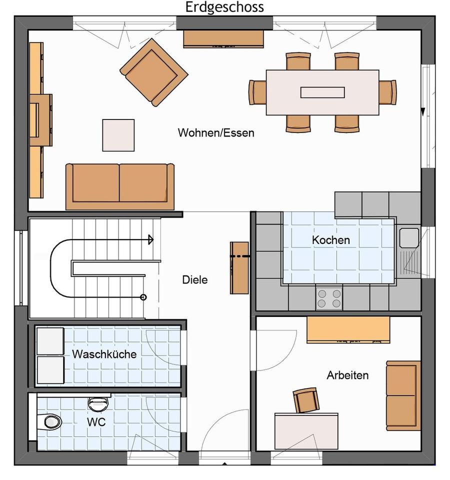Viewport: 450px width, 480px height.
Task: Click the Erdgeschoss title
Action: pyautogui.click(x=224, y=7)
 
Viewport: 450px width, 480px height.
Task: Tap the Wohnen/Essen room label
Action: pyautogui.click(x=216, y=132)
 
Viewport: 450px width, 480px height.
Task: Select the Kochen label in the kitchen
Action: pyautogui.click(x=331, y=240)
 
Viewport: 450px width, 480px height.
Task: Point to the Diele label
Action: pyautogui.click(x=194, y=279)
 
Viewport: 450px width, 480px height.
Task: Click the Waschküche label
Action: pyautogui.click(x=104, y=354)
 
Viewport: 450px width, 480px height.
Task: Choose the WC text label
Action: pyautogui.click(x=96, y=422)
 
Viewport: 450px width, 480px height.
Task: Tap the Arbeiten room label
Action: pyautogui.click(x=347, y=375)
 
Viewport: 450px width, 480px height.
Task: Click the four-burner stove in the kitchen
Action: pyautogui.click(x=329, y=298)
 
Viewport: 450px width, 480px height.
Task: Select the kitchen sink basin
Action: pyautogui.click(x=409, y=237)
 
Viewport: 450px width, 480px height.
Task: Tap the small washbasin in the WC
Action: pyautogui.click(x=98, y=404)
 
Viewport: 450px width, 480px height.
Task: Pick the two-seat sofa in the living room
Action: pyautogui.click(x=119, y=186)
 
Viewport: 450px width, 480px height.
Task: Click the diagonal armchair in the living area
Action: pyautogui.click(x=153, y=72)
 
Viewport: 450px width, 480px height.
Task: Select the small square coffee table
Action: pyautogui.click(x=118, y=135)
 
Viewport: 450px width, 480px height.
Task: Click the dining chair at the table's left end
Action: pyautogui.click(x=257, y=92)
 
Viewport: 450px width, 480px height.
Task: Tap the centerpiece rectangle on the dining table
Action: pyautogui.click(x=322, y=92)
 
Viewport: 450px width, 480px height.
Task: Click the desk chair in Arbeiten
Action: pyautogui.click(x=306, y=400)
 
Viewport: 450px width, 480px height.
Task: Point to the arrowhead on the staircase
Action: pyautogui.click(x=150, y=239)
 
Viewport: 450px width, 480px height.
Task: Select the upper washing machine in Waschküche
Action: pyautogui.click(x=50, y=341)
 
